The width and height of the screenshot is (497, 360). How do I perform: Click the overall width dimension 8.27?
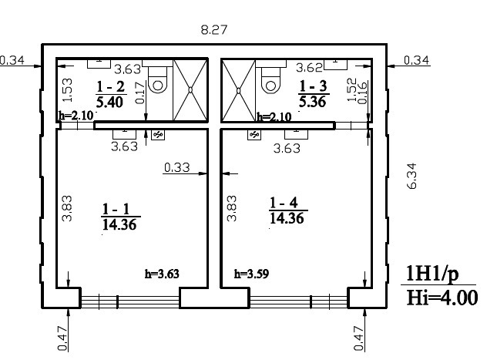pyautogui.click(x=214, y=30)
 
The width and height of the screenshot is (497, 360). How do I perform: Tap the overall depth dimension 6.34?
pyautogui.click(x=413, y=176)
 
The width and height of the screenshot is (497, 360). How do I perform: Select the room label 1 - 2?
pyautogui.click(x=110, y=86)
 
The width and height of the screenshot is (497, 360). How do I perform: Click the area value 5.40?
pyautogui.click(x=109, y=102)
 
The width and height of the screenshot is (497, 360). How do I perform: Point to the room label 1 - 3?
pyautogui.click(x=313, y=86)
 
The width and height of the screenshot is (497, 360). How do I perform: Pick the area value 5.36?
pyautogui.click(x=313, y=102)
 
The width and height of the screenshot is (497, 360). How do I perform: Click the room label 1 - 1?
pyautogui.click(x=116, y=209)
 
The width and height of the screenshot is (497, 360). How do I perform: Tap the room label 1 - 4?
pyautogui.click(x=284, y=203)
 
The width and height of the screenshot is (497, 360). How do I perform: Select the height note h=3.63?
pyautogui.click(x=162, y=274)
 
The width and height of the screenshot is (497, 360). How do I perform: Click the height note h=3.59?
pyautogui.click(x=251, y=274)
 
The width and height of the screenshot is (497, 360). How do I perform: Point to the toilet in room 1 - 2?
pyautogui.click(x=157, y=79)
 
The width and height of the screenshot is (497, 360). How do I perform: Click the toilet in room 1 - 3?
pyautogui.click(x=270, y=79)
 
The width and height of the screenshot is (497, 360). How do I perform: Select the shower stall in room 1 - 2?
pyautogui.click(x=190, y=89)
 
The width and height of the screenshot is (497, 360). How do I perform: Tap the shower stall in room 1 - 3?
pyautogui.click(x=239, y=91)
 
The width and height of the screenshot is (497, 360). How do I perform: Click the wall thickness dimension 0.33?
pyautogui.click(x=177, y=167)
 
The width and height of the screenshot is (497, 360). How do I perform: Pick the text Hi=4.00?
pyautogui.click(x=442, y=298)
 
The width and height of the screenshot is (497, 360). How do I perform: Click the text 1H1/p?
pyautogui.click(x=432, y=274)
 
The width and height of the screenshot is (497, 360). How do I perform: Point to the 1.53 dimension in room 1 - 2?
pyautogui.click(x=68, y=90)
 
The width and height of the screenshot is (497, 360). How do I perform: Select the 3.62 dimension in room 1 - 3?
pyautogui.click(x=309, y=67)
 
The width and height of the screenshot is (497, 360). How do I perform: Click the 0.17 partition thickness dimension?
pyautogui.click(x=139, y=93)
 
